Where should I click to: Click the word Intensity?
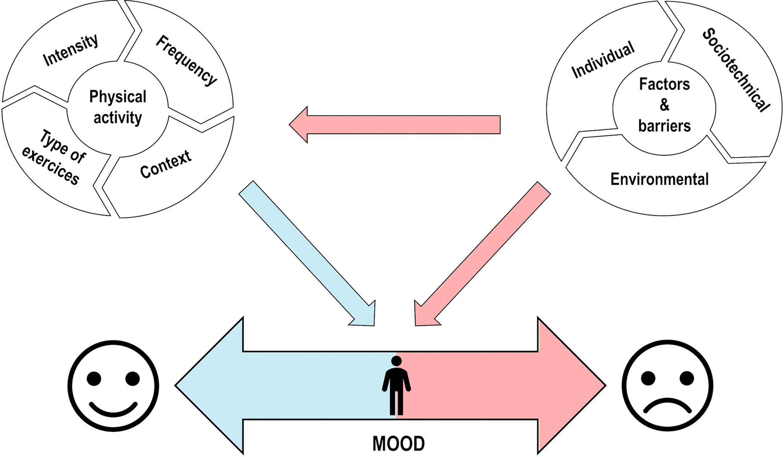70,51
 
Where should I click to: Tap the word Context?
165,164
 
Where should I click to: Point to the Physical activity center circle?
118,107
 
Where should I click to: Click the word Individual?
603,60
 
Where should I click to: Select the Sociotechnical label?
736,70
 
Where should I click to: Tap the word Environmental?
659,179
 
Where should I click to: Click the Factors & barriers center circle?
664,105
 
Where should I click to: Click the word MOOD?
399,444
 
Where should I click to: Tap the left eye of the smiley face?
94,378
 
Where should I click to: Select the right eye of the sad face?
687,378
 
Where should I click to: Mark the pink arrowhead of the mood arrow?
571,386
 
